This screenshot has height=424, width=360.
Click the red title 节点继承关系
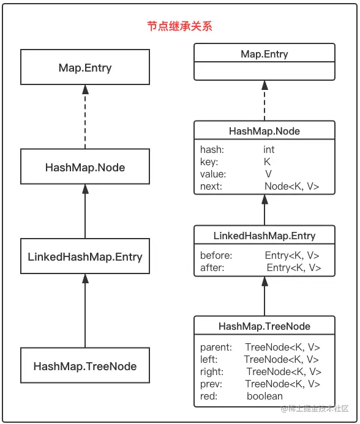tap(179, 27)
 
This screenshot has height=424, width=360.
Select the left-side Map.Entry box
tap(85, 67)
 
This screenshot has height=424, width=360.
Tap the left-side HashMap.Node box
tap(85, 166)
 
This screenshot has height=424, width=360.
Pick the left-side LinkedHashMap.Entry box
tap(85, 256)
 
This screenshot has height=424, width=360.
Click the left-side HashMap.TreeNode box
tap(85, 366)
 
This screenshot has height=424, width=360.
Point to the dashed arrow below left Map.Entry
tap(85, 116)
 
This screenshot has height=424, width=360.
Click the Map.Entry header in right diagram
tap(264, 54)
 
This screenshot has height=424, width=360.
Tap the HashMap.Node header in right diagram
tap(264, 131)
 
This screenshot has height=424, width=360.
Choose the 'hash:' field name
tap(212, 150)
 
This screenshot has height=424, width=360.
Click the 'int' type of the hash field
tap(269, 150)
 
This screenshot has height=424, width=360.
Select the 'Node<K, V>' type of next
tap(291, 187)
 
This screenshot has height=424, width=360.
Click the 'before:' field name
tap(216, 256)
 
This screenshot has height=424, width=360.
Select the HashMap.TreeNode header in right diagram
tap(264, 326)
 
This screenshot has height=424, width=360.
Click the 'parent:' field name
tap(216, 347)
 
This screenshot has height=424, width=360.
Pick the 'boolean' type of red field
tap(264, 396)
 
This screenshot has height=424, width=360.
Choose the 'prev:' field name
tap(211, 384)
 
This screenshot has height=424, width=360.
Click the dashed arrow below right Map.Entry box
tap(264, 101)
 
